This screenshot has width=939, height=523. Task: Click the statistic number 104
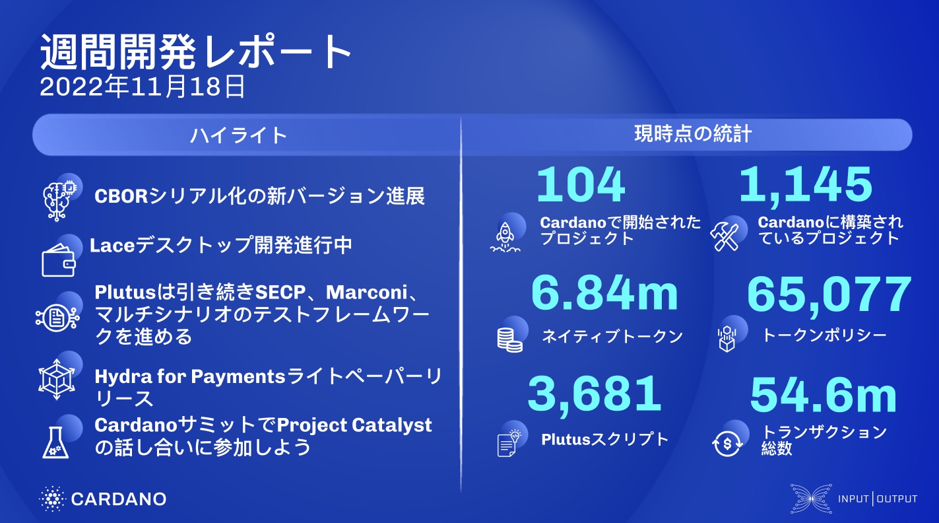click(x=581, y=184)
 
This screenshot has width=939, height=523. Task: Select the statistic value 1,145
click(x=806, y=186)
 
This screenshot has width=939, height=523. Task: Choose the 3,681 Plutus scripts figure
click(x=595, y=394)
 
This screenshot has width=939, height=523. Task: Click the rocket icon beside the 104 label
click(x=505, y=236)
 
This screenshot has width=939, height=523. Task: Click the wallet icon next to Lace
click(x=59, y=261)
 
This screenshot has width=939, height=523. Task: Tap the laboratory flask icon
click(x=55, y=442)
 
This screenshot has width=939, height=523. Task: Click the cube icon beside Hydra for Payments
click(x=57, y=380)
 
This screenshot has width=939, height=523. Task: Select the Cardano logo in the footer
click(x=103, y=499)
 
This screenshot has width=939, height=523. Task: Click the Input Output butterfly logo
click(x=811, y=499)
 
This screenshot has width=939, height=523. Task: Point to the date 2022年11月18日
click(x=142, y=87)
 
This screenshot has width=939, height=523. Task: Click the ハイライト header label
click(x=238, y=135)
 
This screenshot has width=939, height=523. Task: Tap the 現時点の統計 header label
click(x=693, y=134)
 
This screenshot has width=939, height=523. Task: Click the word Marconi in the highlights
click(x=366, y=293)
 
